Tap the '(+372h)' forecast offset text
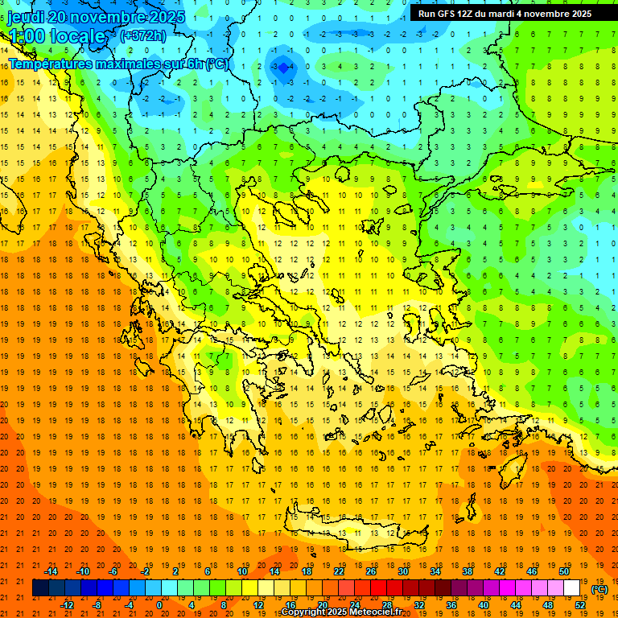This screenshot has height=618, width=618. coord(142,35)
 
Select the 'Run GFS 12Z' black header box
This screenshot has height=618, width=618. coord(505,13)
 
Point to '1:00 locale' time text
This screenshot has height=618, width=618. coord(56,37)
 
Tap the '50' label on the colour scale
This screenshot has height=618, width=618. coord(563,571)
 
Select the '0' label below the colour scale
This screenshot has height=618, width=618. coord(159,605)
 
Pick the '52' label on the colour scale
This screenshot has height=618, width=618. coord(580,605)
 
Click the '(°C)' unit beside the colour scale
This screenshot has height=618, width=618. coord(599,589)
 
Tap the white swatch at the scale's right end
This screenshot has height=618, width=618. coord(572,588)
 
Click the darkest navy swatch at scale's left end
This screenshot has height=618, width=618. coord(40,588)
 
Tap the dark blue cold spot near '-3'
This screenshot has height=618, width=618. coord(283,70)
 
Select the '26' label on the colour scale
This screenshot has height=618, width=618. coord(370,571)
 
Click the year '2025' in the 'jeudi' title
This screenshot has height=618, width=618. coord(166,17)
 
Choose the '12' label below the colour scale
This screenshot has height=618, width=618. coord(258,605)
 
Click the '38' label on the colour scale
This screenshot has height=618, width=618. coord(468,571)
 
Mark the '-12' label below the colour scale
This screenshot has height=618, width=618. coord(68,605)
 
